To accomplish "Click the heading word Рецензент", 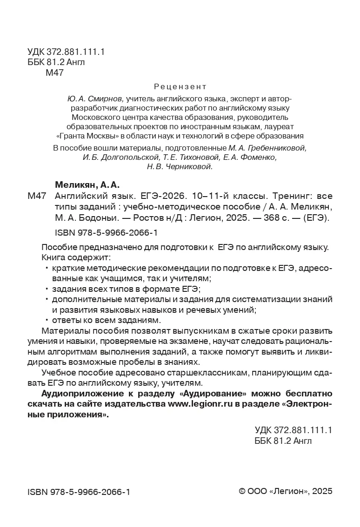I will (180, 87).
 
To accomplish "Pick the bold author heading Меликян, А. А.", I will (81, 185).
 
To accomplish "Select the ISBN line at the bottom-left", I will (79, 491).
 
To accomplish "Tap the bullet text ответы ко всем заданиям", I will (106, 320).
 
